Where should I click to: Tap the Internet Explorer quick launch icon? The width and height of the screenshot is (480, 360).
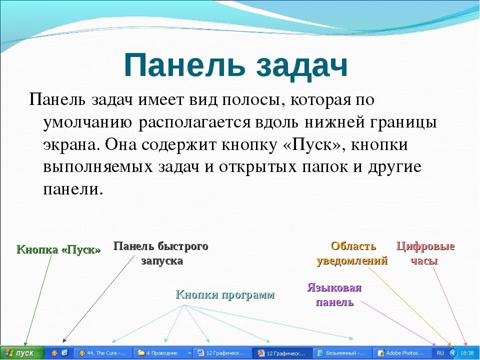(x=64, y=353)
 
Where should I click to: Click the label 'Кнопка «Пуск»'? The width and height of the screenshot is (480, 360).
(x=58, y=250)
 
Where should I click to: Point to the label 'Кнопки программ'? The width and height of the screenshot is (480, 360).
(x=225, y=294)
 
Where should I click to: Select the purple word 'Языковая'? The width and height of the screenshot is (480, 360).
(x=334, y=288)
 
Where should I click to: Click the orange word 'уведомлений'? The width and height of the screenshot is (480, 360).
(x=352, y=261)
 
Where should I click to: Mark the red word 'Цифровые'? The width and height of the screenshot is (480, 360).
(x=425, y=246)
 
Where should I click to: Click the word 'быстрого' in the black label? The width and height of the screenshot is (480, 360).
(x=183, y=246)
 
